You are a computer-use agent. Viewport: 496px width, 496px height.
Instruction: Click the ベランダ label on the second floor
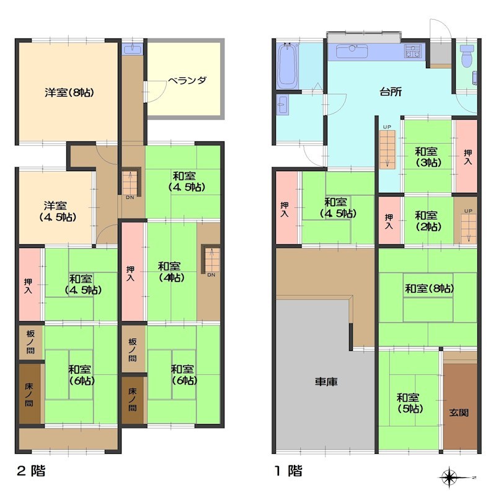pos(187,81)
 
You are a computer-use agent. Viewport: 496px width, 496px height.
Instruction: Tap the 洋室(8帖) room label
pos(69,92)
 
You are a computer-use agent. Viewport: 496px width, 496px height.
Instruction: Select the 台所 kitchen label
pos(391,92)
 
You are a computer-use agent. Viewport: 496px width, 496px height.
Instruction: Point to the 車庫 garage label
pos(326,381)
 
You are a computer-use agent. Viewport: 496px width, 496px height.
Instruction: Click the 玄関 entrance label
pos(459,412)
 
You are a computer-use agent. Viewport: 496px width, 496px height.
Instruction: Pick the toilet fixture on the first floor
pos(467,56)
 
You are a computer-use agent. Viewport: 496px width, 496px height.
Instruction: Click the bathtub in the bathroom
pos(288,66)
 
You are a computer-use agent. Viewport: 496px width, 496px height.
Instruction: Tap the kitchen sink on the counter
pos(352,51)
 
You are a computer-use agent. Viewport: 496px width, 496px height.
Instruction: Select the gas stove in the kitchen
pos(413,51)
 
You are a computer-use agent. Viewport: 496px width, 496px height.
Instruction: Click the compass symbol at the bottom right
pos(449,477)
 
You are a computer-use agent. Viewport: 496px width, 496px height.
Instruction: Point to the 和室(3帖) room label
pos(428,157)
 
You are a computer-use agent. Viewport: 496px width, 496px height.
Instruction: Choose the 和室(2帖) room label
pos(428,221)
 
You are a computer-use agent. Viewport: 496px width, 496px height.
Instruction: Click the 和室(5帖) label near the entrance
pos(410,404)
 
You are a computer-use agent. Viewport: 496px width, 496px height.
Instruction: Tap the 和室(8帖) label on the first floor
pos(429,288)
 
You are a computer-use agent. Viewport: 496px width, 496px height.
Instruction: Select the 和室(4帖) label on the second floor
pos(171,272)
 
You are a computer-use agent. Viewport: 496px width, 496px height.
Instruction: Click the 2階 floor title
pos(30,471)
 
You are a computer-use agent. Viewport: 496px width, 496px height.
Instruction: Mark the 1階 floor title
pos(288,471)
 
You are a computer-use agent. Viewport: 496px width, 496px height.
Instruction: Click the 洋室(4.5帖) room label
pos(57,211)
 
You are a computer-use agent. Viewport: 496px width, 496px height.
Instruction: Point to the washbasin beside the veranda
pos(133,50)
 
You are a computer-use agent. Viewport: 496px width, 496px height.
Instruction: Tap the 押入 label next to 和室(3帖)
pos(467,157)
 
